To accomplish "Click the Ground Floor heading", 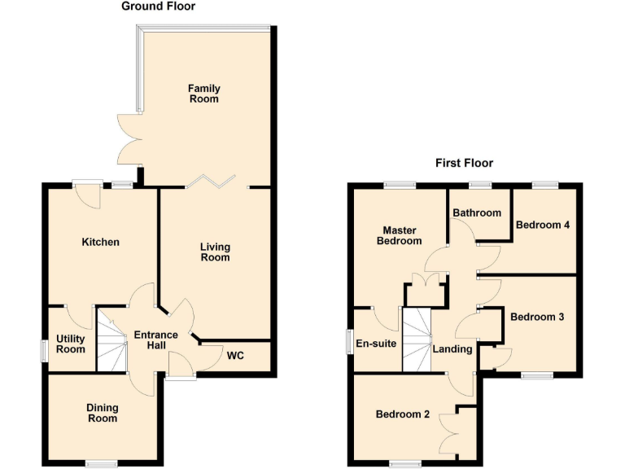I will coord(158,7).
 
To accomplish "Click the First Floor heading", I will coord(464,163).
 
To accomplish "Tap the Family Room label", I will coord(204,94).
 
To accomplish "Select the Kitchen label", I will coord(101,242).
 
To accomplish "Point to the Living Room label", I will coord(216,252).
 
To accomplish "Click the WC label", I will coord(236,356).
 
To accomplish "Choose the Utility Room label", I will coord(71,344).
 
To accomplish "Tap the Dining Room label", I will coord(103,413).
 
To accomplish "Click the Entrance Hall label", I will coord(155,340).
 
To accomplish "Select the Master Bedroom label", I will coord(400,235).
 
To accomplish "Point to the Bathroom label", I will coord(477,213).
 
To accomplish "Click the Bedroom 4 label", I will coord(542,225).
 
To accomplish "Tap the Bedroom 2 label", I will coord(402,414).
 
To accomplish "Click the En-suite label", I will coord(376,344).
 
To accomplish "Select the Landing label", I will coord(452,349).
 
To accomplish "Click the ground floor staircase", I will coord(112,340).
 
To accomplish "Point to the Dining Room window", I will coord(102,464).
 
